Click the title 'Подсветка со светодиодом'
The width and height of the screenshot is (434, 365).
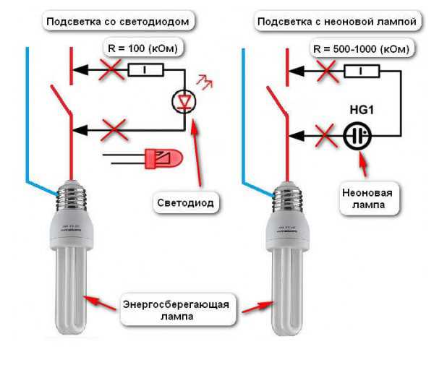tap(118, 22)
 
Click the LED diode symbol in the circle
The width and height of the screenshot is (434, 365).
tap(183, 100)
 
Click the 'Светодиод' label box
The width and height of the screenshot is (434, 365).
tap(186, 203)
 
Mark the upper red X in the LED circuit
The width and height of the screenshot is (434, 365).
tap(111, 70)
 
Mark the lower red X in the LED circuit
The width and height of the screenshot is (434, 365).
tap(114, 131)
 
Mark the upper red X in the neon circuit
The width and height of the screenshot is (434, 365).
tap(326, 70)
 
